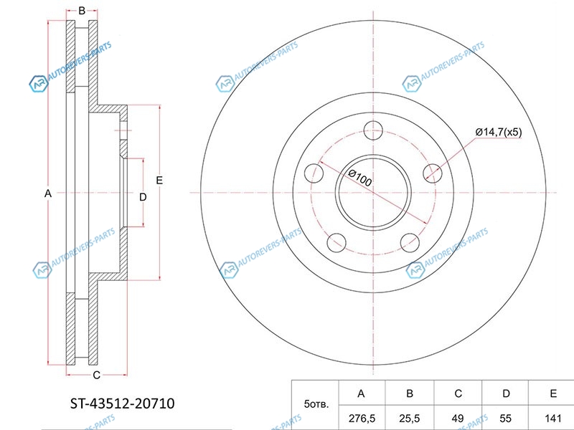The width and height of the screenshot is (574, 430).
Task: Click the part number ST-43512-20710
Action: [x=122, y=403]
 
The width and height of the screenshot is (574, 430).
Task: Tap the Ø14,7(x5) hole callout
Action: [x=499, y=132]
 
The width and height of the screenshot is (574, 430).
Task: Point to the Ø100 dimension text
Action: [x=360, y=178]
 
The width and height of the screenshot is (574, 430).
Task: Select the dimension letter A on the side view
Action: [x=48, y=193]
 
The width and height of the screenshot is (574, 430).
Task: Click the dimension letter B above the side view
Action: [x=82, y=11]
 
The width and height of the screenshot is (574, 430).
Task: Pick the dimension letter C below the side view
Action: [x=96, y=375]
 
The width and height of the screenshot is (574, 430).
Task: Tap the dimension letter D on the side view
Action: [x=143, y=197]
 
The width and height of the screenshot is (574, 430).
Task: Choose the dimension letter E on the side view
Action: [x=159, y=181]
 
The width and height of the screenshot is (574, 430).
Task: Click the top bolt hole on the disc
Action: [x=373, y=130]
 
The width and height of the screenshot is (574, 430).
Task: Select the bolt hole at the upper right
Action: [x=433, y=173]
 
